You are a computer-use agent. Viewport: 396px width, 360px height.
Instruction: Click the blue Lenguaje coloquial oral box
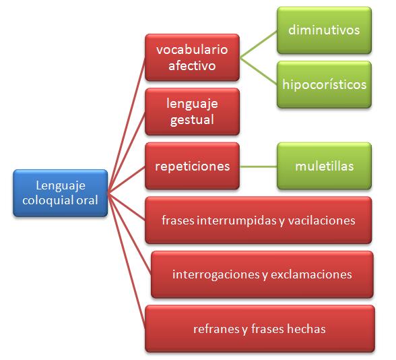[61, 193]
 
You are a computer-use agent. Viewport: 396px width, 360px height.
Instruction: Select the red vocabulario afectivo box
[192, 57]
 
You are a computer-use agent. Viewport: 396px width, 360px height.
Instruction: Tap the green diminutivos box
[325, 30]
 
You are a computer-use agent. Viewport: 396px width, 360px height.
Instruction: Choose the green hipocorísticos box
[325, 84]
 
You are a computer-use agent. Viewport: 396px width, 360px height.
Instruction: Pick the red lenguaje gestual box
[192, 111]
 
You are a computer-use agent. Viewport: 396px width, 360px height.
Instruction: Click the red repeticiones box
[192, 166]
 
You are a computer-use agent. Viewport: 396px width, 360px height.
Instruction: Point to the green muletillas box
[325, 166]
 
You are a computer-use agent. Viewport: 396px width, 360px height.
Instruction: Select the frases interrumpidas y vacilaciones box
[259, 220]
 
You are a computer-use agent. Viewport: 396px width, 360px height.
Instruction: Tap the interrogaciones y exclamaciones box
[262, 274]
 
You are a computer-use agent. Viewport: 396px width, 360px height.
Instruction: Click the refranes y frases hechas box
[260, 329]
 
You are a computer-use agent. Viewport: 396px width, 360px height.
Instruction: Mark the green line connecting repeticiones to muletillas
[259, 167]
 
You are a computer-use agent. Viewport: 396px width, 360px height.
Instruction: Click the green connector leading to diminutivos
[259, 44]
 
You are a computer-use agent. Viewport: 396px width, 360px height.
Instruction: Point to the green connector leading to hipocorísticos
[259, 71]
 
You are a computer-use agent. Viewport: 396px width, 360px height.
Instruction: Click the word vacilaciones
[321, 220]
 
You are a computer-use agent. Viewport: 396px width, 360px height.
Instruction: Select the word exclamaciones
[311, 274]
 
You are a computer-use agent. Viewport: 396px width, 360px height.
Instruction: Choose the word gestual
[192, 120]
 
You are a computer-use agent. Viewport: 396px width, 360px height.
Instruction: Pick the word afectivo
[192, 66]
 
